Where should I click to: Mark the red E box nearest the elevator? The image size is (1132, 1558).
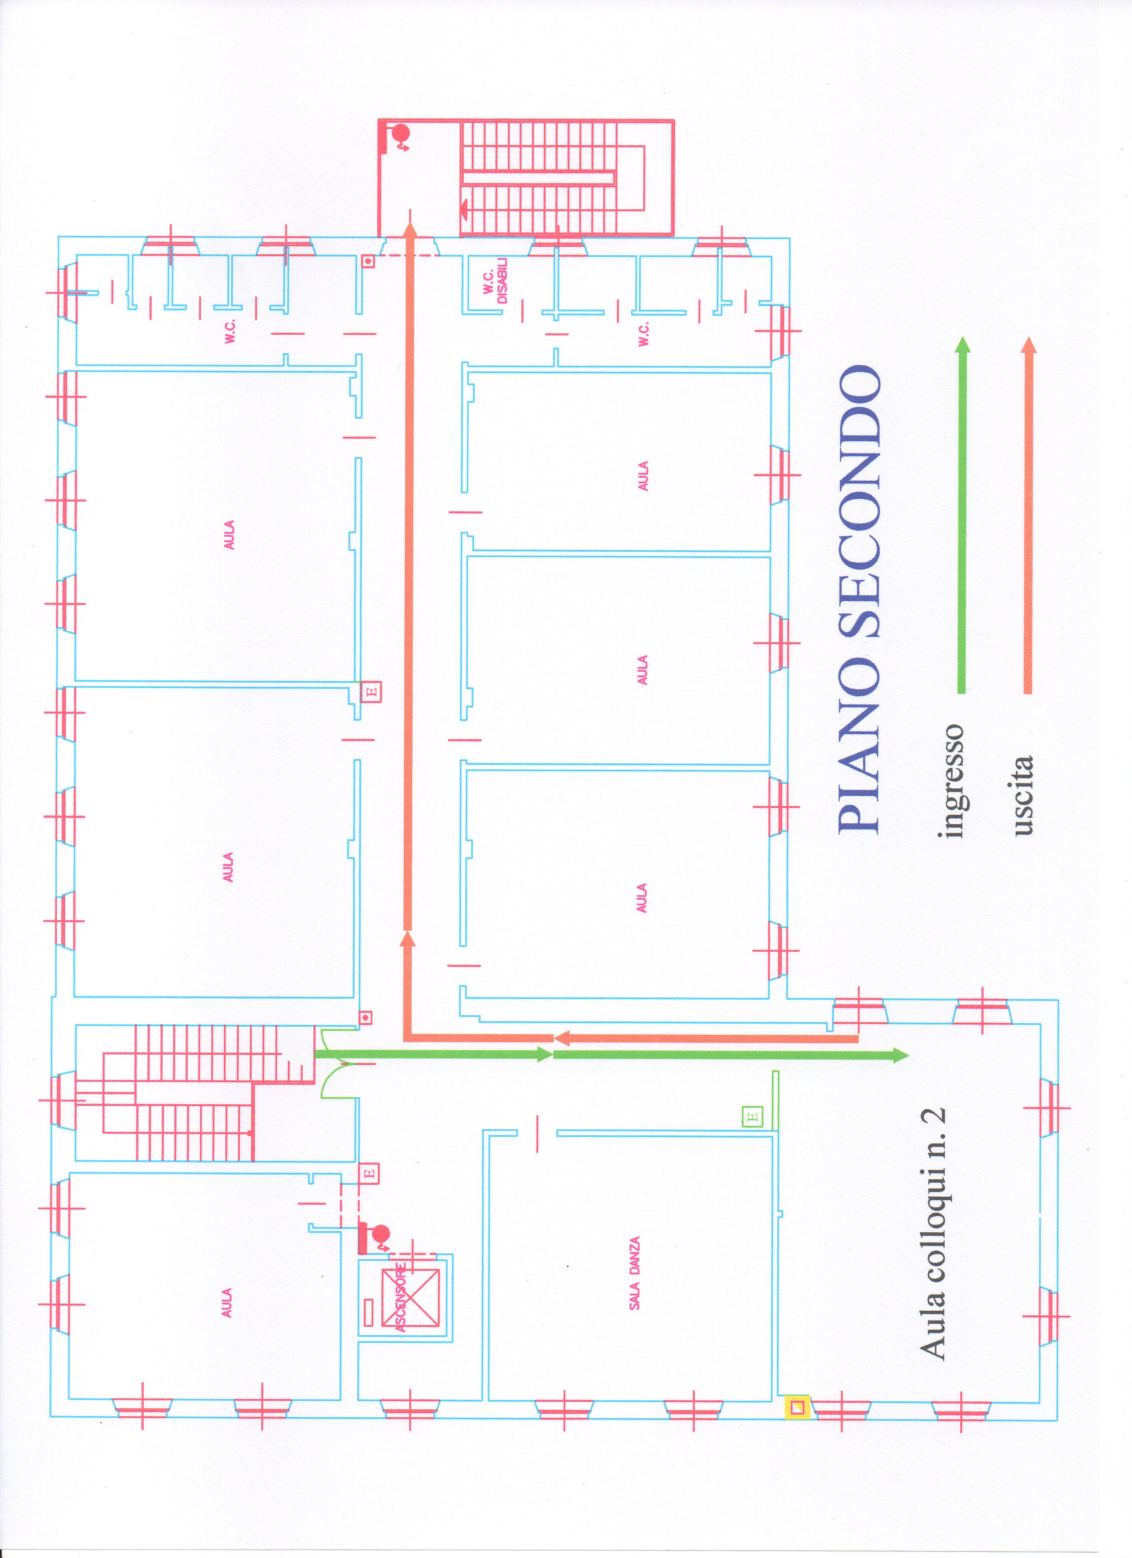click(x=369, y=1173)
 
